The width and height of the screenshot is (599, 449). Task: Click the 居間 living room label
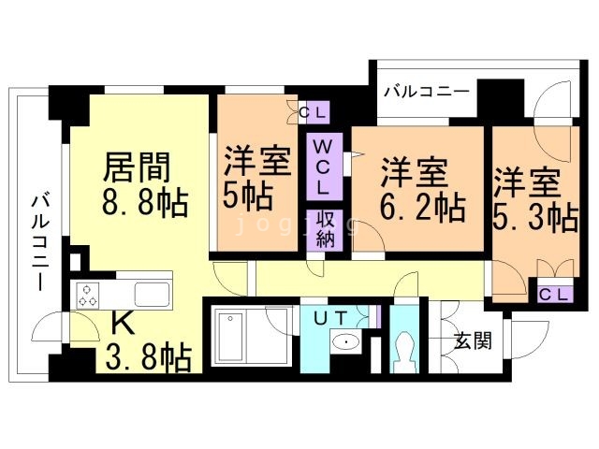click(x=137, y=168)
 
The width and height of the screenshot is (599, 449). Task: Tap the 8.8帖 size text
click(x=143, y=202)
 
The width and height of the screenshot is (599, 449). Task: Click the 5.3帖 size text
click(x=534, y=215)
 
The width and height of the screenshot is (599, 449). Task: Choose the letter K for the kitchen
click(x=123, y=323)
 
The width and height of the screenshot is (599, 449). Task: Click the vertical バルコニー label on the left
click(x=40, y=239)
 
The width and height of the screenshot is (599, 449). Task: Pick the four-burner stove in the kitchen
click(x=89, y=295)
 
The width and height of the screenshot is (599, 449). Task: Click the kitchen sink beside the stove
click(x=150, y=293)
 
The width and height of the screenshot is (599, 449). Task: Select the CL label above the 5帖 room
click(x=314, y=114)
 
